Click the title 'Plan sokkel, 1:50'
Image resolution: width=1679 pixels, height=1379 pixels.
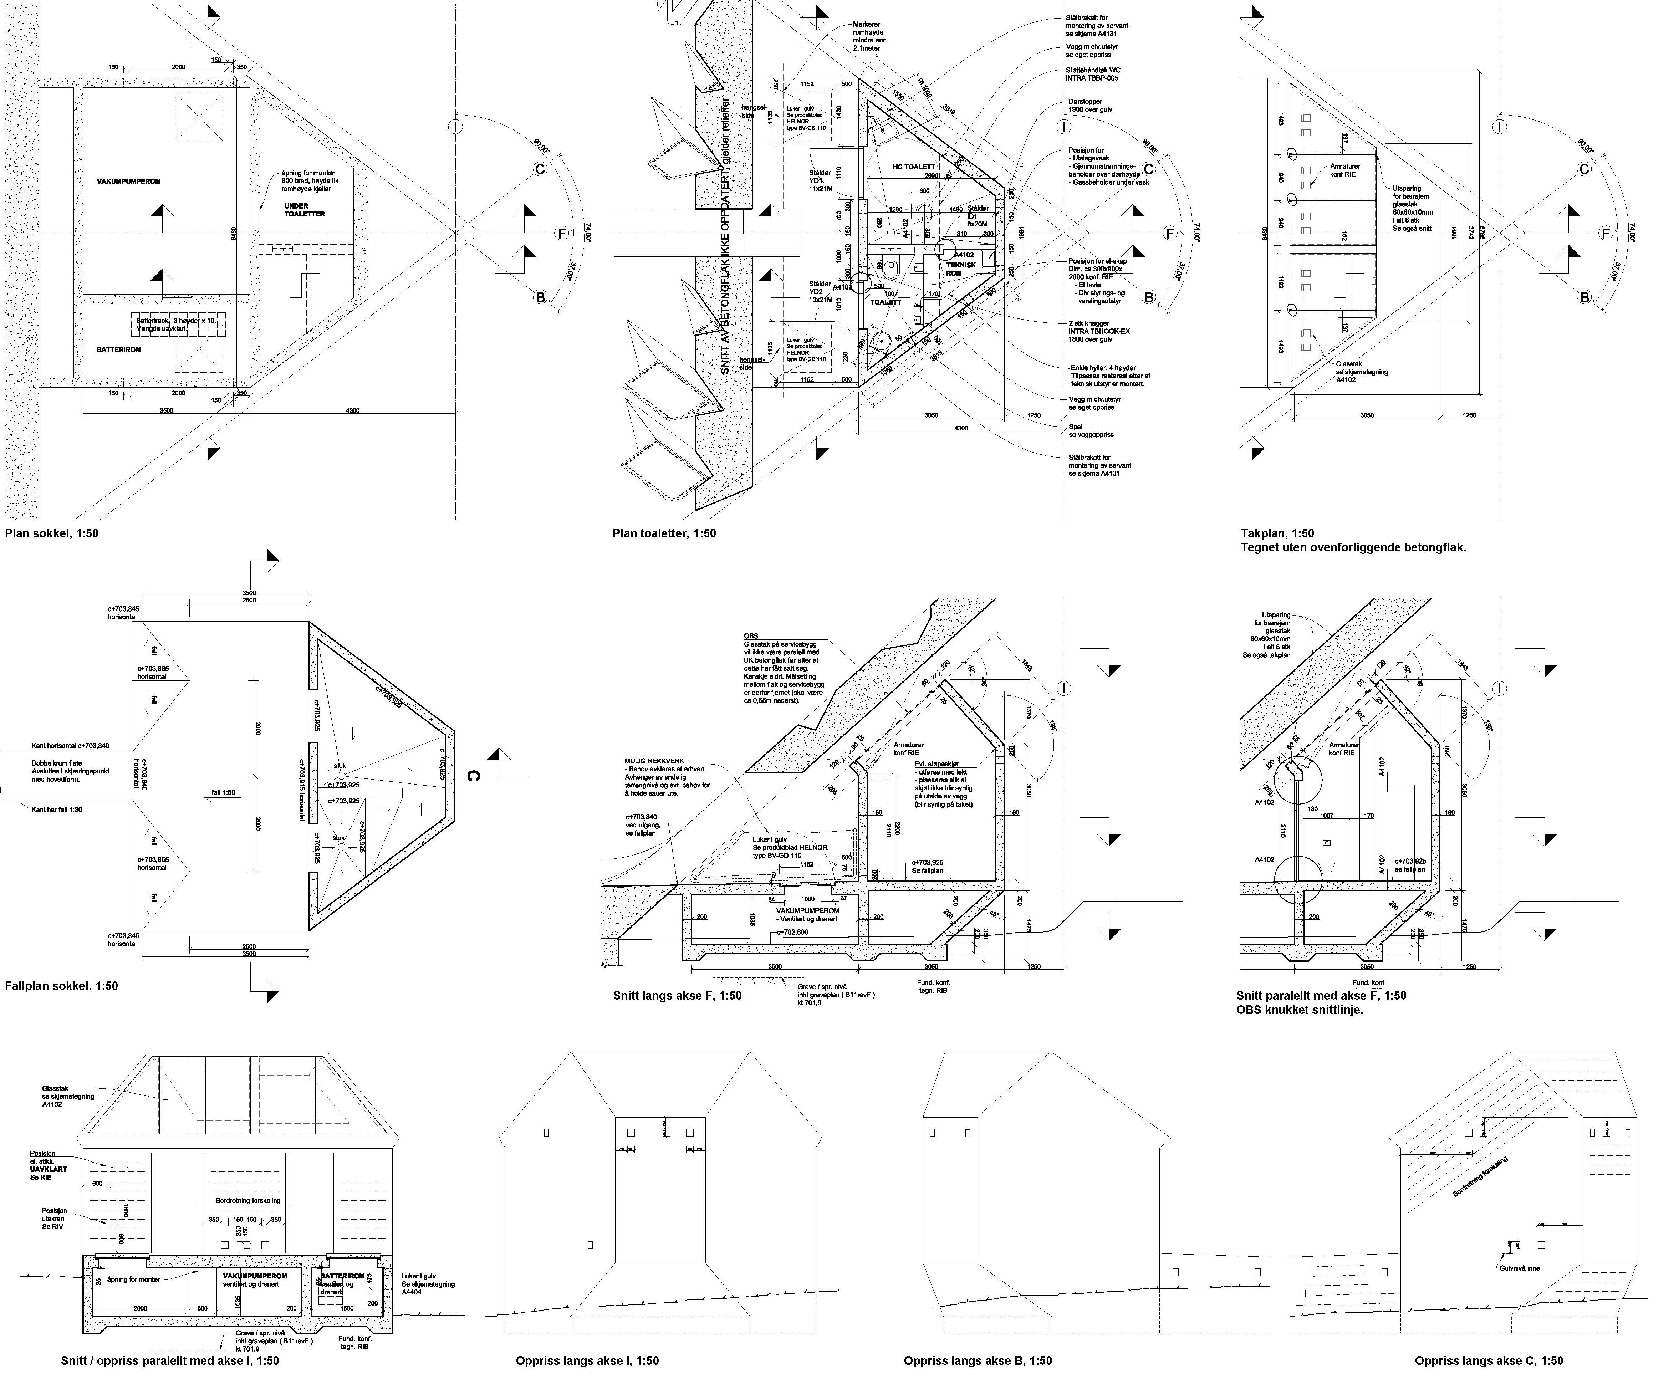[52, 534]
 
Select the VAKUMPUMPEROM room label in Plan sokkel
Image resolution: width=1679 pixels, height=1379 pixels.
[129, 181]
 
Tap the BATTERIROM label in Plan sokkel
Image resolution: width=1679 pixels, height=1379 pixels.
[119, 349]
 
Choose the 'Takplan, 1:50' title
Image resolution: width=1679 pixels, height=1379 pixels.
[1277, 534]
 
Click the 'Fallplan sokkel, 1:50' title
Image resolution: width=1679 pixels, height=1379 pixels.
[61, 986]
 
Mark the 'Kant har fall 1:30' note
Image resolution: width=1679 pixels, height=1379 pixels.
[57, 809]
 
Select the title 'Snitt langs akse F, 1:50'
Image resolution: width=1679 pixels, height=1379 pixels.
[677, 995]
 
